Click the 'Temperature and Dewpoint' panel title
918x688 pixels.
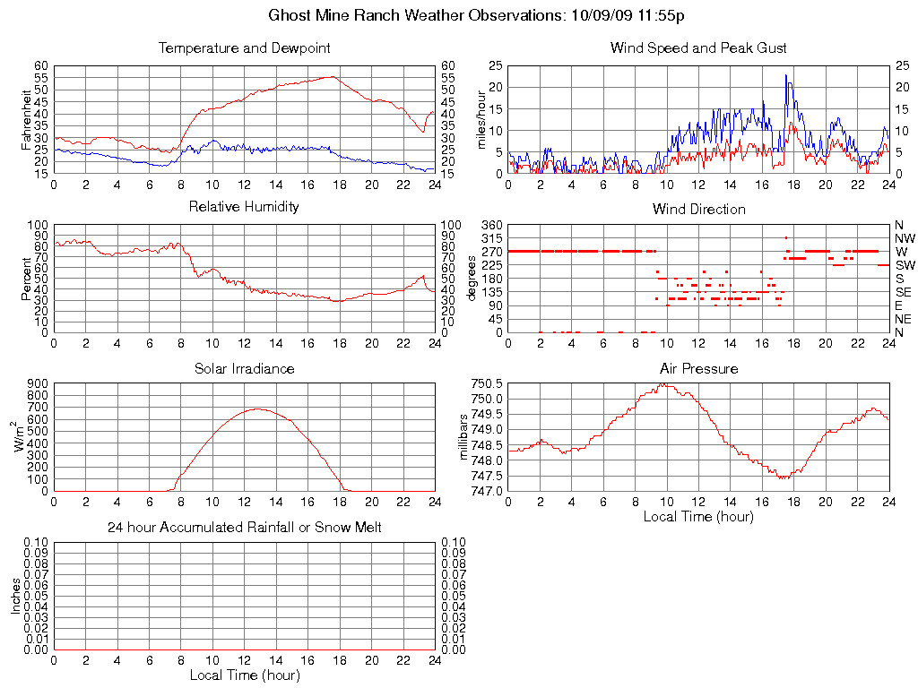[x=244, y=47]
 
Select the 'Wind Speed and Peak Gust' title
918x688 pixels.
[x=698, y=47]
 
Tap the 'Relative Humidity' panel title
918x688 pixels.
[x=244, y=207]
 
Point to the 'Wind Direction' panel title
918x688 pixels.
[x=698, y=209]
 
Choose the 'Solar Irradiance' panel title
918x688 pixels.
[x=244, y=368]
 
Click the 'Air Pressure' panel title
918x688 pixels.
[x=698, y=368]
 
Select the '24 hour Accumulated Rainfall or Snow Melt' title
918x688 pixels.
[x=244, y=528]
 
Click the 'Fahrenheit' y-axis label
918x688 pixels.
[x=26, y=119]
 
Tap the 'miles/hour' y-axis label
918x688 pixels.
[x=480, y=119]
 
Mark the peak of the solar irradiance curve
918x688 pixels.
[x=258, y=408]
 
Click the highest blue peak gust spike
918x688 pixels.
[x=785, y=75]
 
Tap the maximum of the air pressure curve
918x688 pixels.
[x=663, y=384]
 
